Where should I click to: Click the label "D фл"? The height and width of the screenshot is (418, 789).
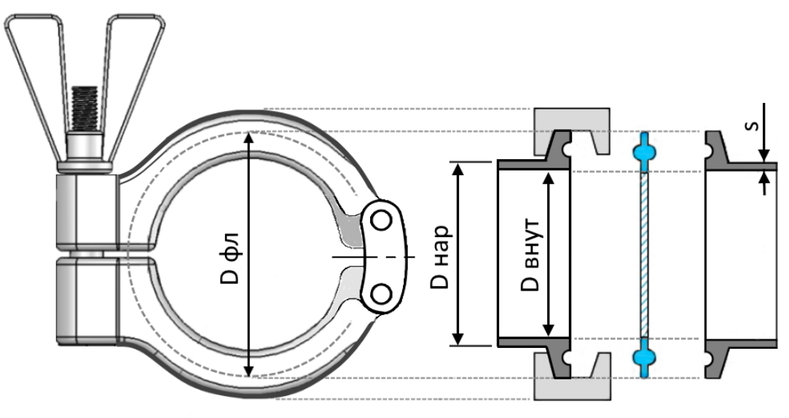tap(230, 256)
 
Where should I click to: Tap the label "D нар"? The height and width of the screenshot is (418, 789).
tap(440, 257)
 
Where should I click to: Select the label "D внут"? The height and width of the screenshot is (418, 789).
tap(530, 255)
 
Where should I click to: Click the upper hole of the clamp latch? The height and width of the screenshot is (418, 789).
tap(381, 220)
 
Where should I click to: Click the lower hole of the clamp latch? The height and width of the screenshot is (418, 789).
tap(381, 293)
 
